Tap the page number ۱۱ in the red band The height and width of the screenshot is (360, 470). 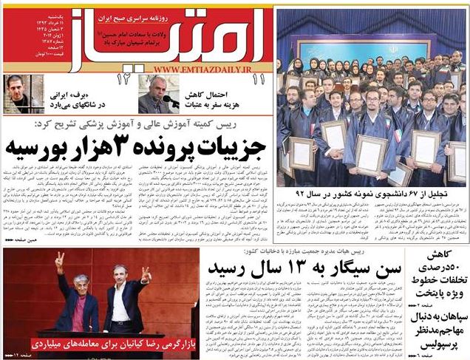pyautogui.click(x=258, y=78)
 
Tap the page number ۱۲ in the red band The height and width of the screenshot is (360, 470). pyautogui.click(x=121, y=78)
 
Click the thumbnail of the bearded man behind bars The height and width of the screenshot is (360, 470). pyautogui.click(x=20, y=94)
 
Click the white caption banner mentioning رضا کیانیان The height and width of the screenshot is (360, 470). pyautogui.click(x=105, y=342)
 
